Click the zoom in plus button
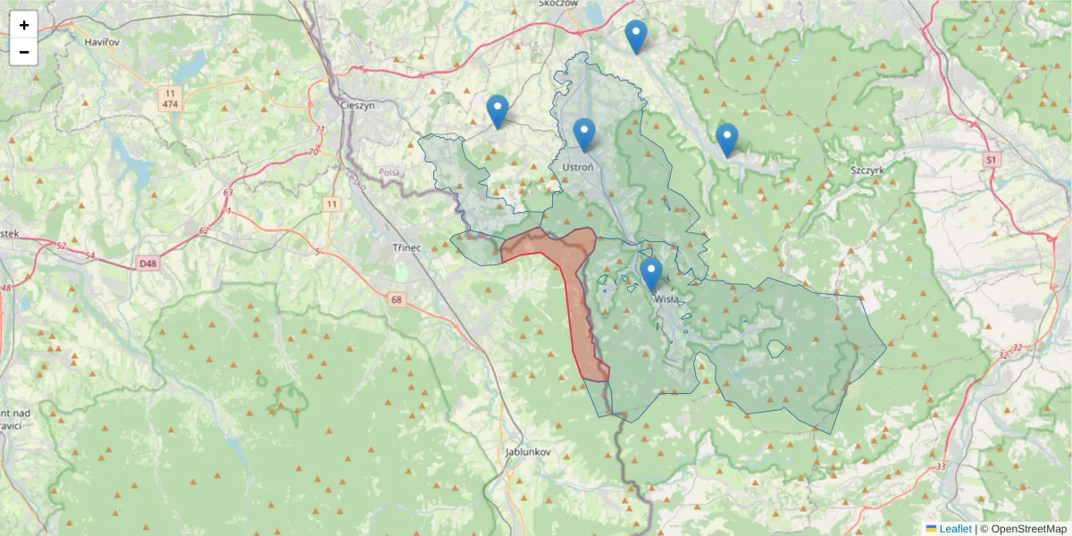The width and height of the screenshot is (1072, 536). [x=24, y=25]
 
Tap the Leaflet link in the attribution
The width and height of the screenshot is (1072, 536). [x=954, y=529]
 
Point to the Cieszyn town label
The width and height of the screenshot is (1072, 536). [x=357, y=105]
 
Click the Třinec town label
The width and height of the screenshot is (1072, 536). [x=412, y=247]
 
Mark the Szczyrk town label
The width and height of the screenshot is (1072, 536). [x=867, y=170]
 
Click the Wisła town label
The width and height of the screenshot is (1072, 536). [x=667, y=301]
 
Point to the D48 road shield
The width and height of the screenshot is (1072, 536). [x=147, y=264]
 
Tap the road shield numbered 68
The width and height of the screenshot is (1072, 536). [x=397, y=299]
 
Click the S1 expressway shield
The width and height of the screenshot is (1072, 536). [x=990, y=159]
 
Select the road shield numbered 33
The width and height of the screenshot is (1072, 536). [x=941, y=466]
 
